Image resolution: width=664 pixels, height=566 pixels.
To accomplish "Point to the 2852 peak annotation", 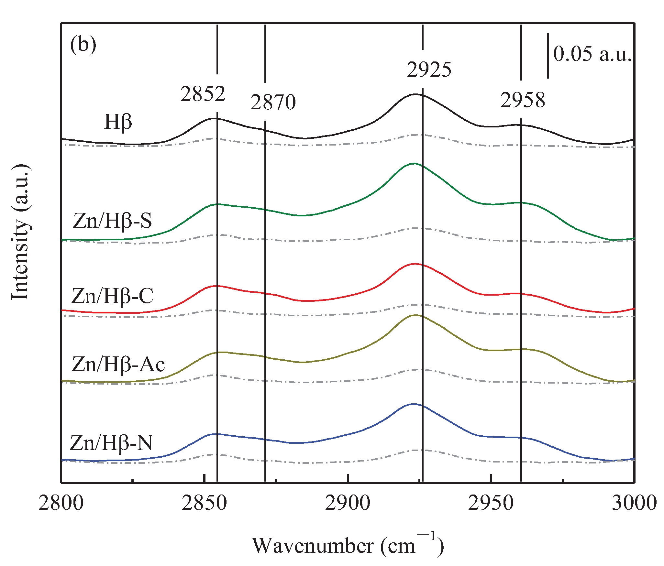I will click(203, 94).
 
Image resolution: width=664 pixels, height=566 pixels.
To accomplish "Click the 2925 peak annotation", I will click(429, 70).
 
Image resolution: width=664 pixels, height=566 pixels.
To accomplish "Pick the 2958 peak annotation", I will click(523, 100).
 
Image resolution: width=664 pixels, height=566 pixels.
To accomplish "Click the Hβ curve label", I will click(118, 123).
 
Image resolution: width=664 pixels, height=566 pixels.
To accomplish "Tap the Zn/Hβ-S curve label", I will click(112, 221).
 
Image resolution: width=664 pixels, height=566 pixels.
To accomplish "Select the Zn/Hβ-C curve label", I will click(112, 296).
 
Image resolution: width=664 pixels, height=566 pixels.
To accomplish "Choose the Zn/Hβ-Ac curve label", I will click(118, 365).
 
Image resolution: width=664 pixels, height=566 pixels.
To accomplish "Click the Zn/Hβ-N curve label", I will click(111, 443).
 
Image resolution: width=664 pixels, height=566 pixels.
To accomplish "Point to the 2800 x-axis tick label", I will click(61, 503).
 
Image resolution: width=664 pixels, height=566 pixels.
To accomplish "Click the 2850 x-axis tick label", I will click(204, 503).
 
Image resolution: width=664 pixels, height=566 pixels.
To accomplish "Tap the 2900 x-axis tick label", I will click(348, 503).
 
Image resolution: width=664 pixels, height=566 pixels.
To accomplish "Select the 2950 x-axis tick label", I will click(491, 503).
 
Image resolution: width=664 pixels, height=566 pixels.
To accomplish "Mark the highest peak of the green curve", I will click(414, 163).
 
